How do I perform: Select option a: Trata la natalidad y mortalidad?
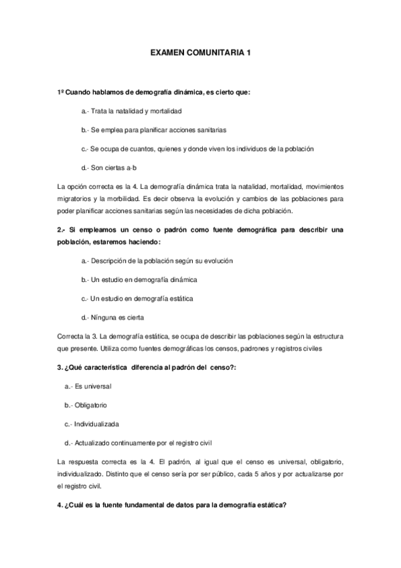click(x=132, y=111)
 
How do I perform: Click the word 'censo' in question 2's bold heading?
click(x=133, y=230)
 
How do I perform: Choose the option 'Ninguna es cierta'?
click(x=112, y=317)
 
